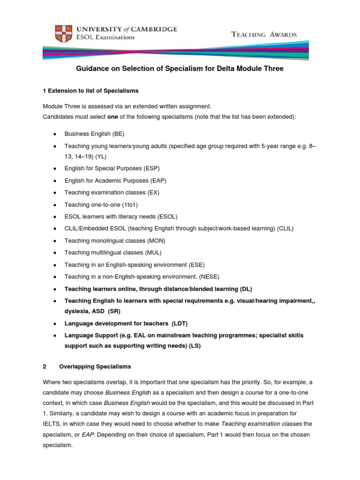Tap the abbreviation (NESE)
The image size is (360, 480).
point(209,277)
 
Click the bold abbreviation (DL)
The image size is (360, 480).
point(246,289)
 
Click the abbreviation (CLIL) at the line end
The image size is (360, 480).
point(285,228)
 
